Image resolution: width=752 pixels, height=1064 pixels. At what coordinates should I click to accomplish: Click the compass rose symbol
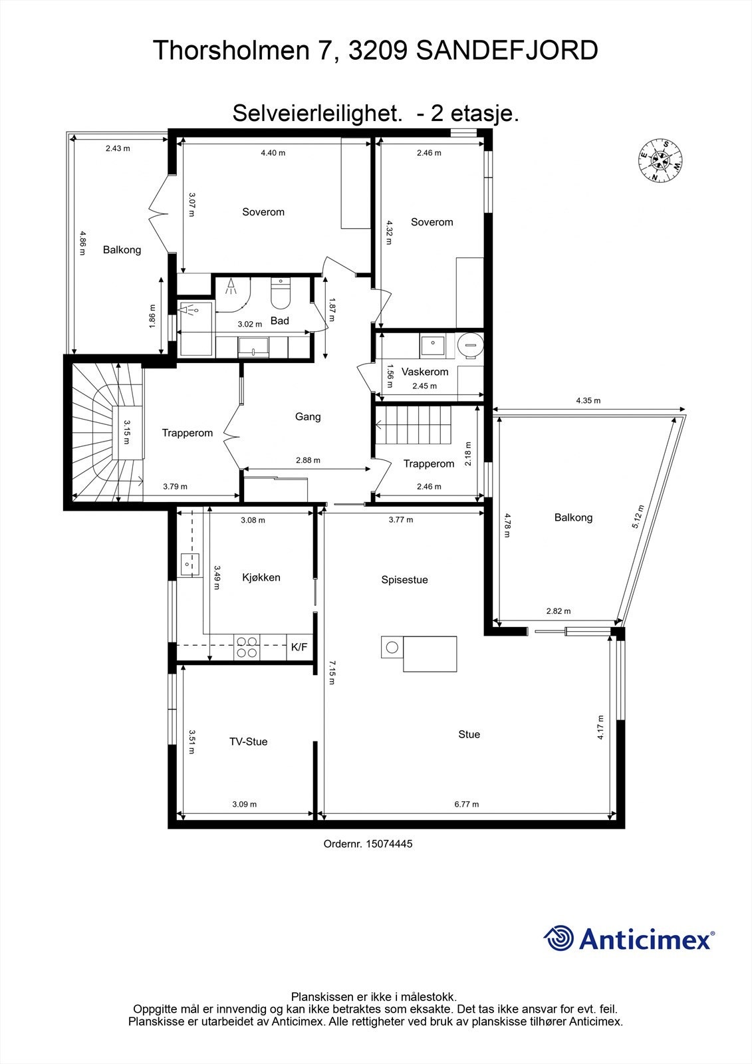[x=660, y=160]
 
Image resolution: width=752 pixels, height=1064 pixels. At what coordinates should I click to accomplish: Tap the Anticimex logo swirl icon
[x=558, y=938]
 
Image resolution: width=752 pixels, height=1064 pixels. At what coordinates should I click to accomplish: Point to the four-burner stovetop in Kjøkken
[x=247, y=647]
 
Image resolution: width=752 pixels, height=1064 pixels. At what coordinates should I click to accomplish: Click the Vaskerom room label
[x=425, y=372]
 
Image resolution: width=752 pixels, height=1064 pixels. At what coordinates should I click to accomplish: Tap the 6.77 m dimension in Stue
[x=467, y=804]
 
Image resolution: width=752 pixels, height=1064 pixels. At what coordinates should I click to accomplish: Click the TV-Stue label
[x=248, y=741]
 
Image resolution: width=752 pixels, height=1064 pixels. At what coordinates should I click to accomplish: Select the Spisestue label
[x=404, y=580]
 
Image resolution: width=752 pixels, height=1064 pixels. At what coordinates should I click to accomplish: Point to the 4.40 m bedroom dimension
[x=273, y=153]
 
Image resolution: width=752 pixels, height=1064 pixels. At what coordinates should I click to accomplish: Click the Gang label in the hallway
[x=308, y=417]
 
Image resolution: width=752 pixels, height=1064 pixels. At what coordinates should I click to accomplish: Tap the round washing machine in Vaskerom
[x=471, y=345]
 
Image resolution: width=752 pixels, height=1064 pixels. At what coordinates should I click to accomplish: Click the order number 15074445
[x=368, y=843]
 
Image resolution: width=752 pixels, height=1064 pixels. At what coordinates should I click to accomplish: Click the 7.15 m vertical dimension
[x=332, y=672]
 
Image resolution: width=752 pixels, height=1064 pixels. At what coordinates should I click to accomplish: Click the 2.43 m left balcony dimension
[x=118, y=148]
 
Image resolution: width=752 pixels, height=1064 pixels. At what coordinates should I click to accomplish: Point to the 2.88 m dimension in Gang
[x=308, y=460]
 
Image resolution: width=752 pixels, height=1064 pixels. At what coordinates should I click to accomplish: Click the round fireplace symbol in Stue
[x=392, y=647]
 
